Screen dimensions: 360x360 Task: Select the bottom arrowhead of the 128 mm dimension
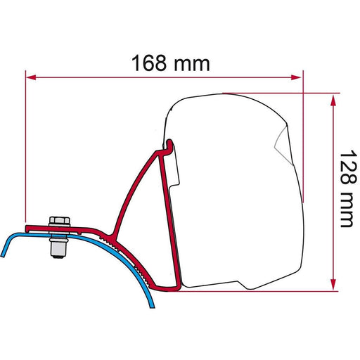pyautogui.click(x=330, y=284)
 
